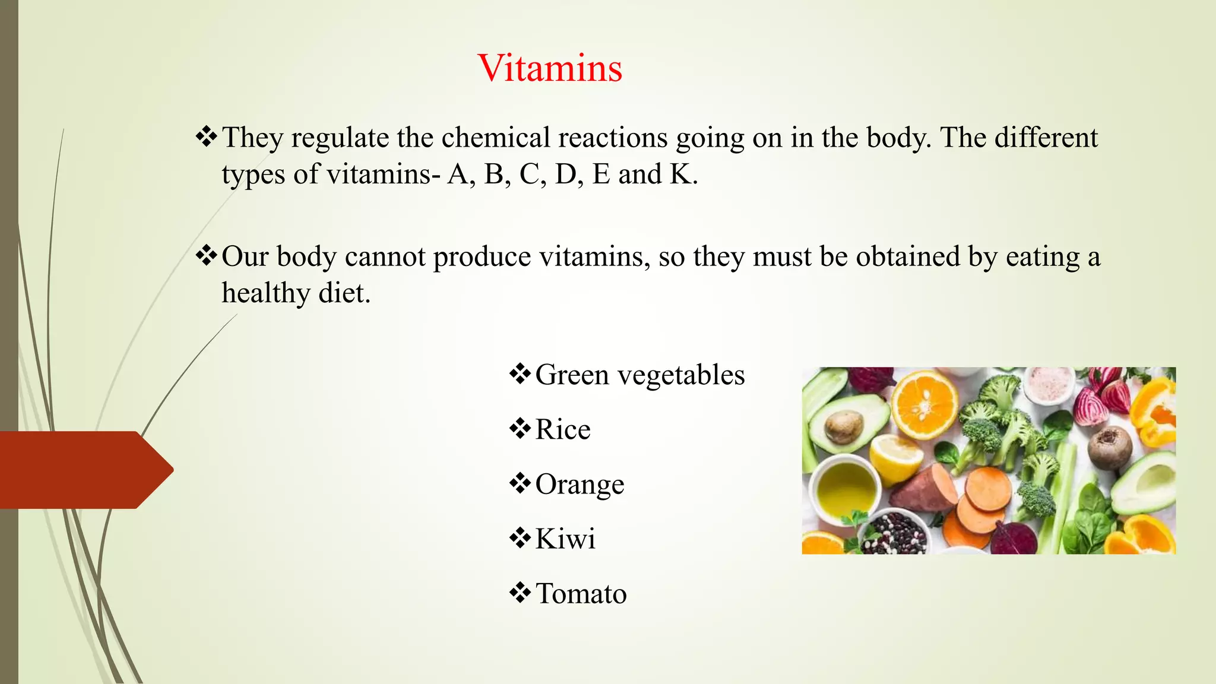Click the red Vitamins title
(550, 68)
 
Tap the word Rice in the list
(563, 429)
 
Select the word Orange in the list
(579, 484)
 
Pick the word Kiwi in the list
(565, 539)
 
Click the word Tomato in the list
(581, 593)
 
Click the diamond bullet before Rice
(520, 429)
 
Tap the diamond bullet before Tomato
(520, 593)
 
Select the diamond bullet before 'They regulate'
(206, 137)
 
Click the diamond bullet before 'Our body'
(206, 256)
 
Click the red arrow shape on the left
(83, 470)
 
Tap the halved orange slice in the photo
(925, 404)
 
